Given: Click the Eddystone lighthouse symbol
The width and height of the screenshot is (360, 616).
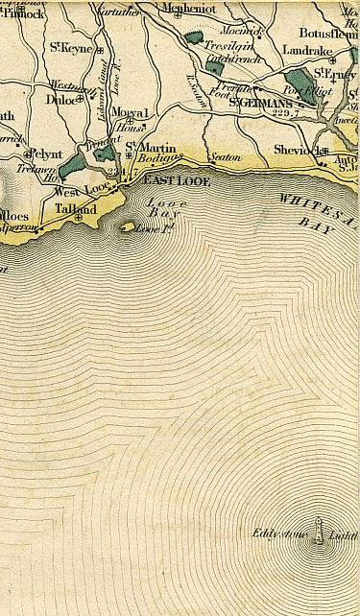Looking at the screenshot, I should click(318, 541).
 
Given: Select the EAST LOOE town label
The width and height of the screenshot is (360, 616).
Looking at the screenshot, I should click(171, 179).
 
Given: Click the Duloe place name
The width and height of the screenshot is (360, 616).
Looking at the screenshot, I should click(61, 97).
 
